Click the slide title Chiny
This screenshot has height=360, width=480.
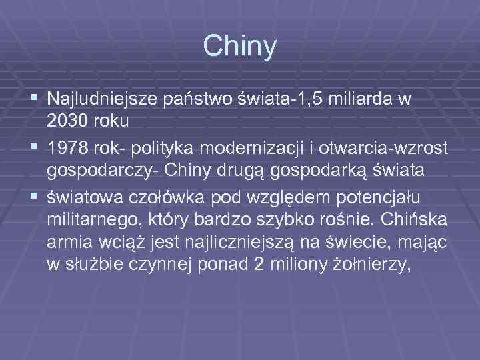[x=239, y=46]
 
